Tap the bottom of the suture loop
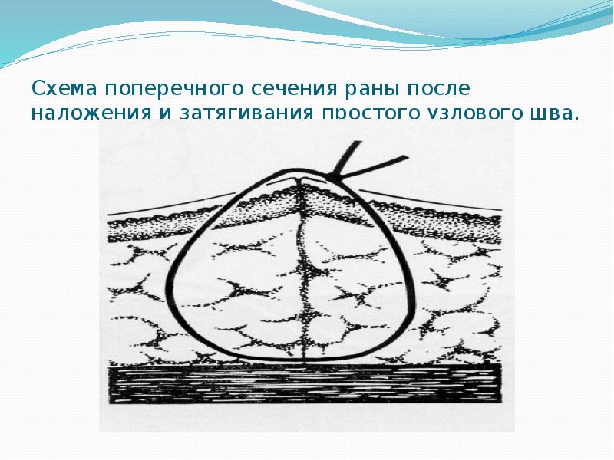click(x=299, y=361)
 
